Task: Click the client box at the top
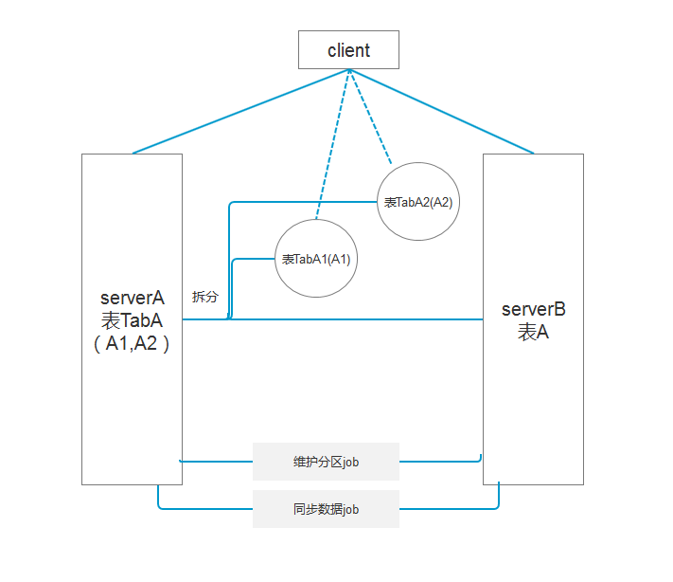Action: tap(348, 50)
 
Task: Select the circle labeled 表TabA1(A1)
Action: tap(316, 259)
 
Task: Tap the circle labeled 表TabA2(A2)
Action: tap(418, 202)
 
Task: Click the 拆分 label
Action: tap(204, 297)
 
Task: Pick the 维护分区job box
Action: tap(326, 463)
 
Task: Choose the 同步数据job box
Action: tap(326, 509)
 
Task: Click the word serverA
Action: tap(133, 298)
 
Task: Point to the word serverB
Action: tap(533, 309)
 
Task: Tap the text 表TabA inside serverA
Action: tap(132, 320)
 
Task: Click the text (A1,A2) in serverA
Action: tap(132, 344)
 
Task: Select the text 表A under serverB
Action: tap(533, 333)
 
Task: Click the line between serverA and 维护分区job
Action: tap(216, 462)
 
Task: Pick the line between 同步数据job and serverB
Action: tap(451, 509)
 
